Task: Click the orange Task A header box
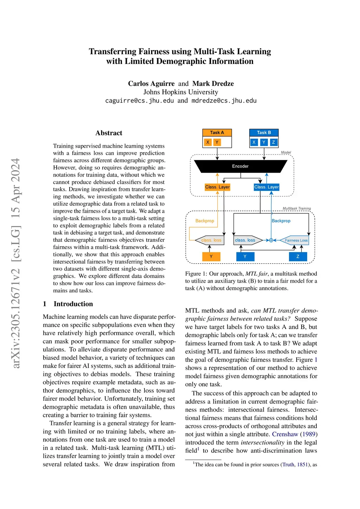point(217,133)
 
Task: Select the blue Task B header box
point(264,133)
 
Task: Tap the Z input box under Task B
point(273,142)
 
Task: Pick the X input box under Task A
point(208,142)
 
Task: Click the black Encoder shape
point(240,166)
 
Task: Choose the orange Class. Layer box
point(217,187)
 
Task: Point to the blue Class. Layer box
point(266,187)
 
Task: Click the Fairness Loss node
point(296,240)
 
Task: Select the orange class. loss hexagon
point(211,240)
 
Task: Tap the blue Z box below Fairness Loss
point(298,257)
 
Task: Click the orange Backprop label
point(205,221)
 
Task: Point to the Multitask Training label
point(297,208)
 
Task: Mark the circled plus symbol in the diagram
point(271,240)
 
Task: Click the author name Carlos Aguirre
point(151,84)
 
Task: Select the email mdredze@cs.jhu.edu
point(224,101)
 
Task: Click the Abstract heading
point(109,133)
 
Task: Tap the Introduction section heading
point(73,304)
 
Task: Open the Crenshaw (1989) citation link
point(295,434)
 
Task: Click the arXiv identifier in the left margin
point(16,264)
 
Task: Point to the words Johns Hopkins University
point(181,92)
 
